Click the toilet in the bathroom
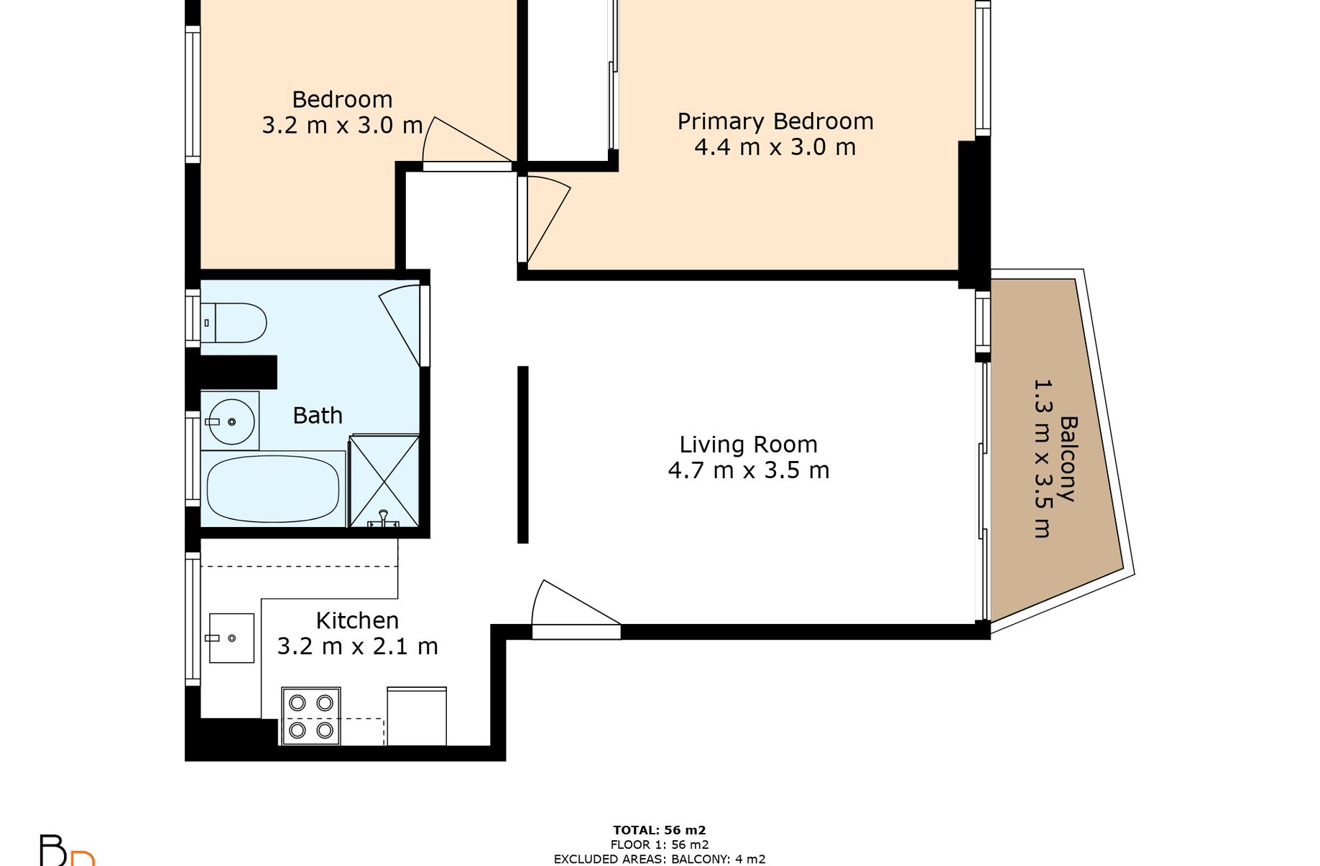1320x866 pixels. point(234,322)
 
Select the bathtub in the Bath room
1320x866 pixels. point(273,488)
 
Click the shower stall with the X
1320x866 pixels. point(384,480)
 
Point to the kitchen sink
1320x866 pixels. point(231,638)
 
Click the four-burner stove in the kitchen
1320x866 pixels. point(311,716)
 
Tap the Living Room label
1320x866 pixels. point(749,444)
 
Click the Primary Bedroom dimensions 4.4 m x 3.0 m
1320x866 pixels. point(775,147)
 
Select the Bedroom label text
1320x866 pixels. point(342,99)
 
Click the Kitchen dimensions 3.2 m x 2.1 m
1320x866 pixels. point(358,646)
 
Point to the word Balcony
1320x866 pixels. point(1069,459)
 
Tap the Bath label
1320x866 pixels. point(318,415)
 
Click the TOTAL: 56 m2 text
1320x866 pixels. point(660,831)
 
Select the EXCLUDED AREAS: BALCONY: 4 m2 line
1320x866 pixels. point(660,859)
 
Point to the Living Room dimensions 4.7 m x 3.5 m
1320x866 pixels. point(749,470)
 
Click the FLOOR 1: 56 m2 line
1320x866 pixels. point(660,845)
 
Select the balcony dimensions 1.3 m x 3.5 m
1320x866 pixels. point(1042,459)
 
